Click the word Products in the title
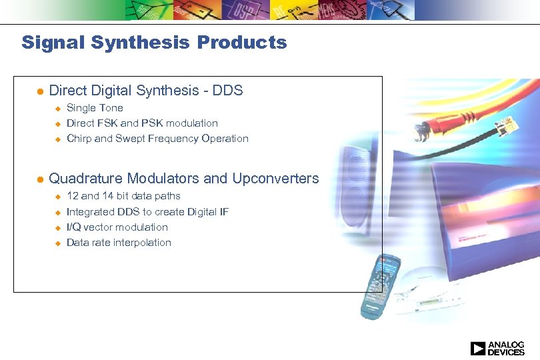click(242, 43)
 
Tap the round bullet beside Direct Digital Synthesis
click(39, 91)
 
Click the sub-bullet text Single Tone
click(95, 108)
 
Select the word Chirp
click(79, 139)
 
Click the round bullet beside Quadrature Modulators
click(39, 179)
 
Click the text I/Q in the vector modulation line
click(75, 227)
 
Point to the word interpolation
click(142, 243)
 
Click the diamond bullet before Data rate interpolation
click(57, 243)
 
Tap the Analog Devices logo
click(497, 348)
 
